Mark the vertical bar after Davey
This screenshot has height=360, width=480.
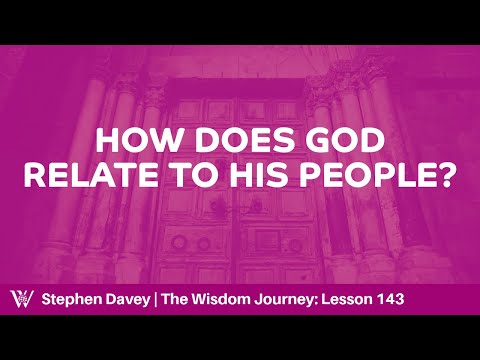coord(175,298)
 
